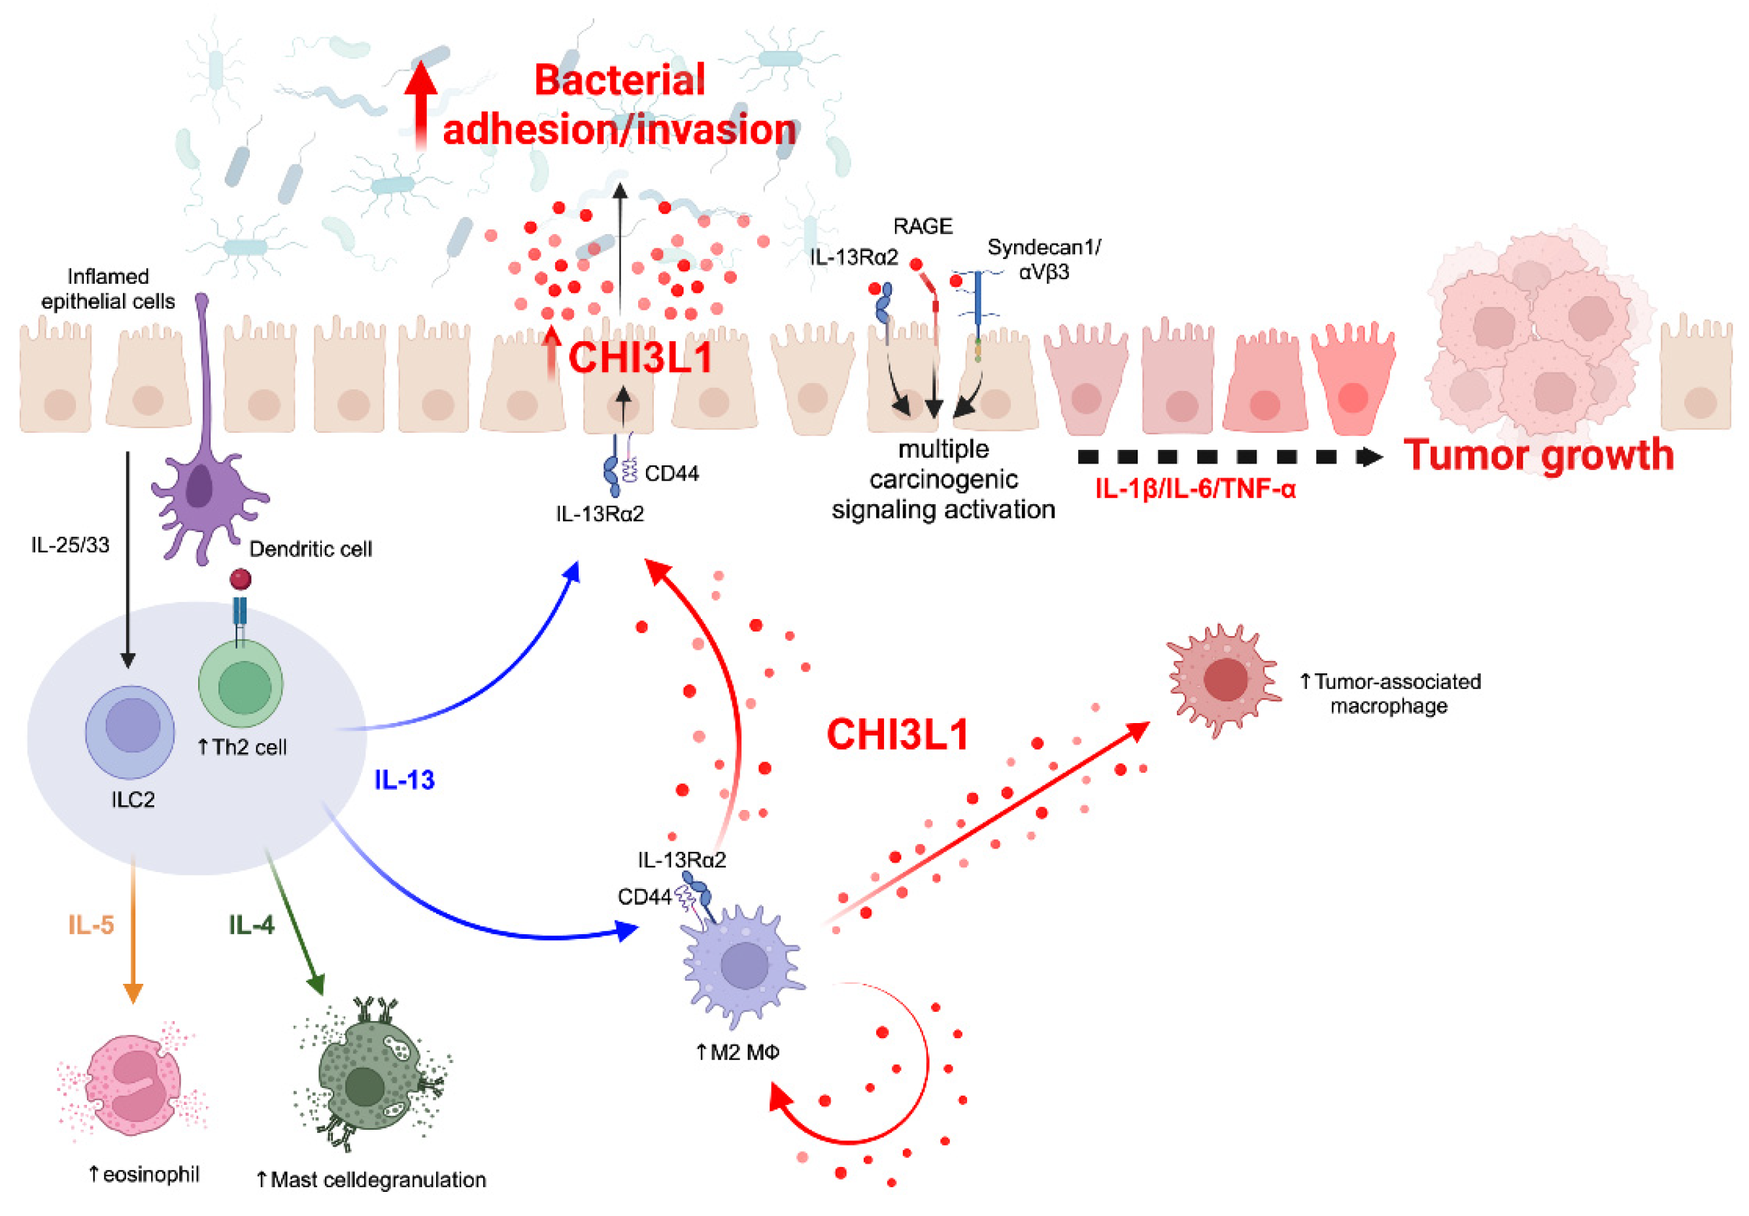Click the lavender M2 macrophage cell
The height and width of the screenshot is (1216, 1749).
click(x=743, y=966)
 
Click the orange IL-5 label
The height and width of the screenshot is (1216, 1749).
click(x=91, y=925)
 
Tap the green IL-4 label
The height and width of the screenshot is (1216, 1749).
click(x=251, y=925)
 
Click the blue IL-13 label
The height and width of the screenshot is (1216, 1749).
click(x=403, y=779)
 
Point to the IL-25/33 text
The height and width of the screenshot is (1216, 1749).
click(x=70, y=545)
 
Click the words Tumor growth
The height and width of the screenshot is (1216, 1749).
click(x=1538, y=455)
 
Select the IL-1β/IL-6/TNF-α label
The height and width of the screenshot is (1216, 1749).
click(x=1195, y=489)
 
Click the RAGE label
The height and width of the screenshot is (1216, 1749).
click(x=923, y=226)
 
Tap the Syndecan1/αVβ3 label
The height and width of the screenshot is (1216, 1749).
click(x=1044, y=259)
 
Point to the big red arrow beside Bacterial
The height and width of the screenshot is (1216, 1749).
click(x=420, y=103)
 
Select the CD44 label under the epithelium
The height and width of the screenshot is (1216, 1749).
click(x=671, y=474)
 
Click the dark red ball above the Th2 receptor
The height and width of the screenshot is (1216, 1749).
click(x=241, y=579)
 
